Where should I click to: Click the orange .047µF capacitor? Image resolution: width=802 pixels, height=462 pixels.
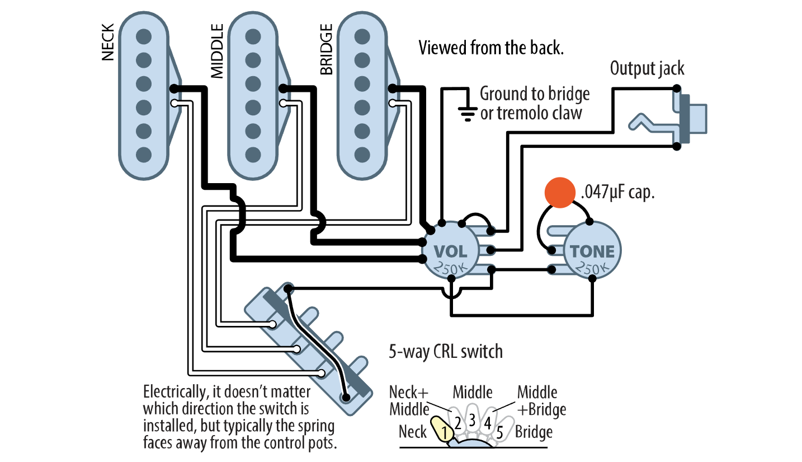(x=560, y=192)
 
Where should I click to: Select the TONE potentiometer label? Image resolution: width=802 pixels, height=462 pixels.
(x=592, y=251)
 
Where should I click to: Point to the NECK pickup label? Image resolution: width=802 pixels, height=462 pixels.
(x=108, y=42)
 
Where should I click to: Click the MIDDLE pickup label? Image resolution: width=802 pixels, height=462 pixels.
(x=216, y=50)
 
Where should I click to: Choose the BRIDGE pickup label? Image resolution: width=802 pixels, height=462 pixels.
(x=326, y=49)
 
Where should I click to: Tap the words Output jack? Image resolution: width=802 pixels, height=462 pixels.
(x=647, y=68)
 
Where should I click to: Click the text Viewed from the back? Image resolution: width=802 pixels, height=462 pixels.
(x=491, y=48)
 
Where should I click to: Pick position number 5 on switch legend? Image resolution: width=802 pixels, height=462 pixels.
(x=500, y=432)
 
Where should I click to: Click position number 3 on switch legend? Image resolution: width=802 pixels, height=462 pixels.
(x=472, y=419)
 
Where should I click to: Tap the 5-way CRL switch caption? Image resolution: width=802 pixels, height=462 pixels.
(x=445, y=352)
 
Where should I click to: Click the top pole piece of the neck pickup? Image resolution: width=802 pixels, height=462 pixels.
(x=144, y=35)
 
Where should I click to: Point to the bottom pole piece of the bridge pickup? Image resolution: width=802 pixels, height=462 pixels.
(x=362, y=153)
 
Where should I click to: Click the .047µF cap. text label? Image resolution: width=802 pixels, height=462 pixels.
(x=618, y=193)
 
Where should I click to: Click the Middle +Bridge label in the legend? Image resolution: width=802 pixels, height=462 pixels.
(x=541, y=400)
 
